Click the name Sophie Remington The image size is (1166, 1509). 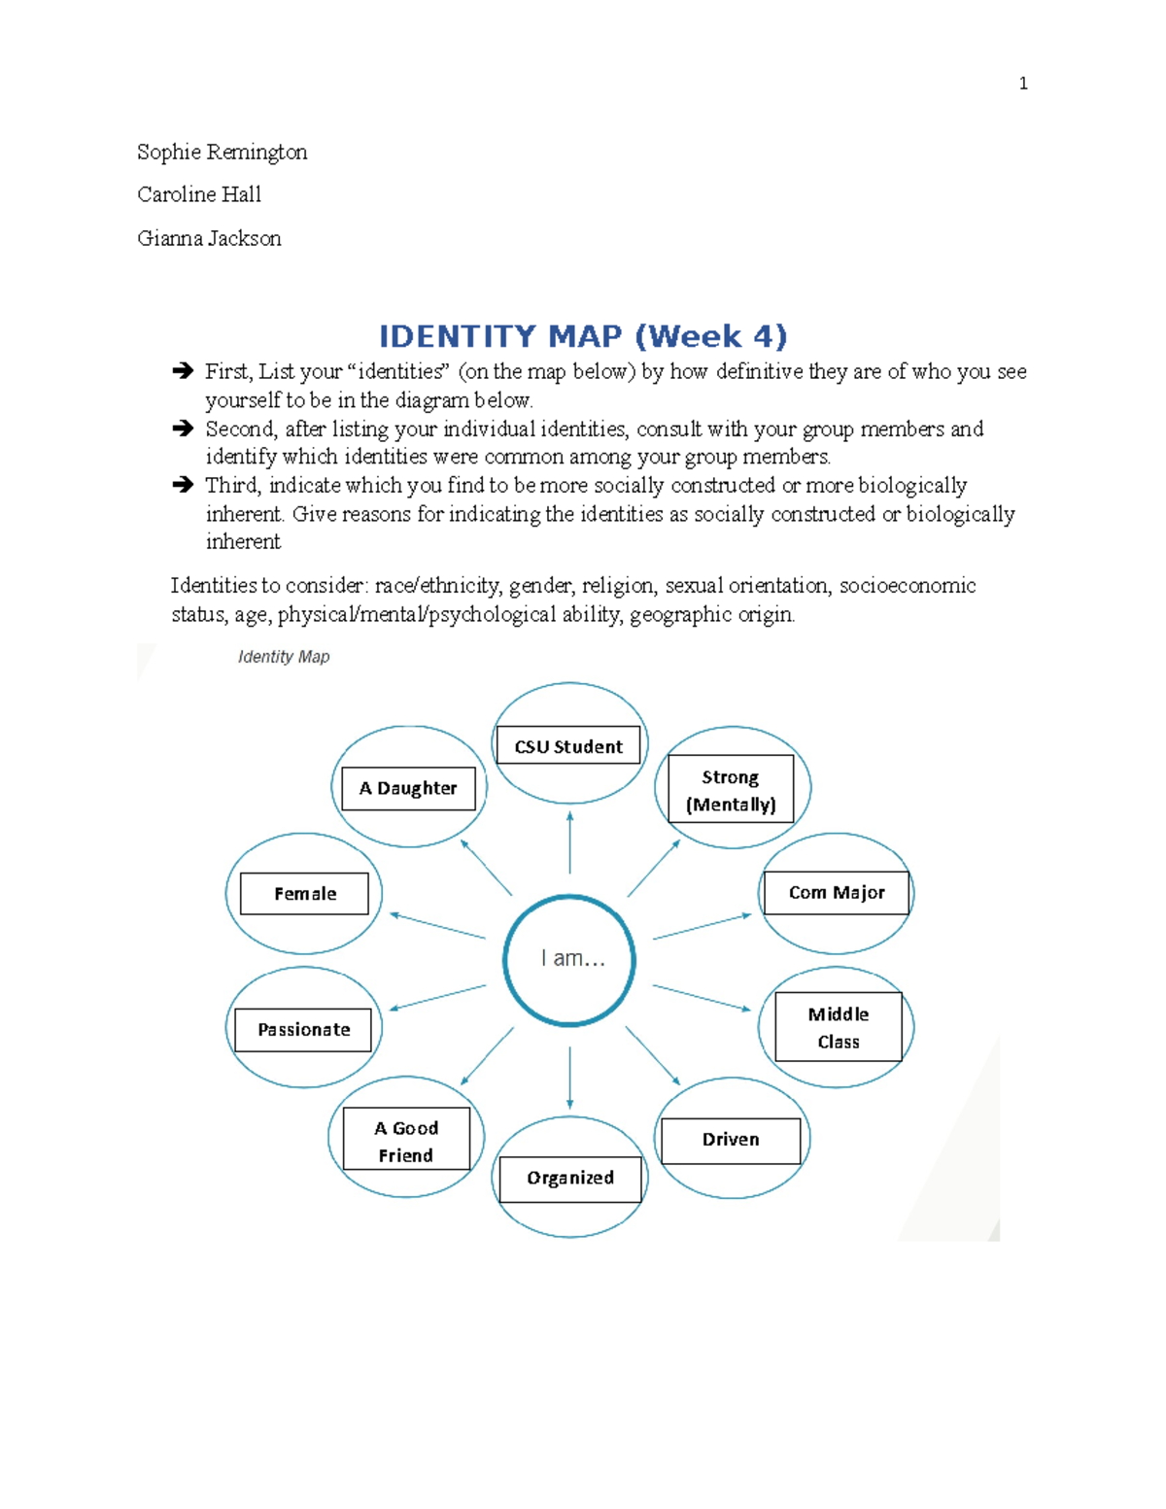click(222, 152)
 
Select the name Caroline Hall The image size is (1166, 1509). click(199, 194)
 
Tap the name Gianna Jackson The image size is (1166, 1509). click(209, 238)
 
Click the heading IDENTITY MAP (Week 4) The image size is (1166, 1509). click(582, 336)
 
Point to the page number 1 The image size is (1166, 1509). click(1023, 84)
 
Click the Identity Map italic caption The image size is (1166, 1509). click(284, 657)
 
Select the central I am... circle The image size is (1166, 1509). click(570, 960)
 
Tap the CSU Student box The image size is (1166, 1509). click(568, 746)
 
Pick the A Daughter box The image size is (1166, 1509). click(408, 788)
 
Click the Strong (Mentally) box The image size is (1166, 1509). click(731, 790)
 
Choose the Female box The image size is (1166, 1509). click(305, 894)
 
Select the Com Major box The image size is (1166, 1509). click(837, 893)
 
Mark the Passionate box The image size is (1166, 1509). click(304, 1030)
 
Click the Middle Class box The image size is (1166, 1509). click(839, 1027)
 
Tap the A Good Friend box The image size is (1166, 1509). click(406, 1141)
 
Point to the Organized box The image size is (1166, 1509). click(570, 1179)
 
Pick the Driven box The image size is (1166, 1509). click(731, 1140)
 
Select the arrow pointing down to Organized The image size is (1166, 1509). click(570, 1077)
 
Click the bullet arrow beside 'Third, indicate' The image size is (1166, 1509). click(183, 484)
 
